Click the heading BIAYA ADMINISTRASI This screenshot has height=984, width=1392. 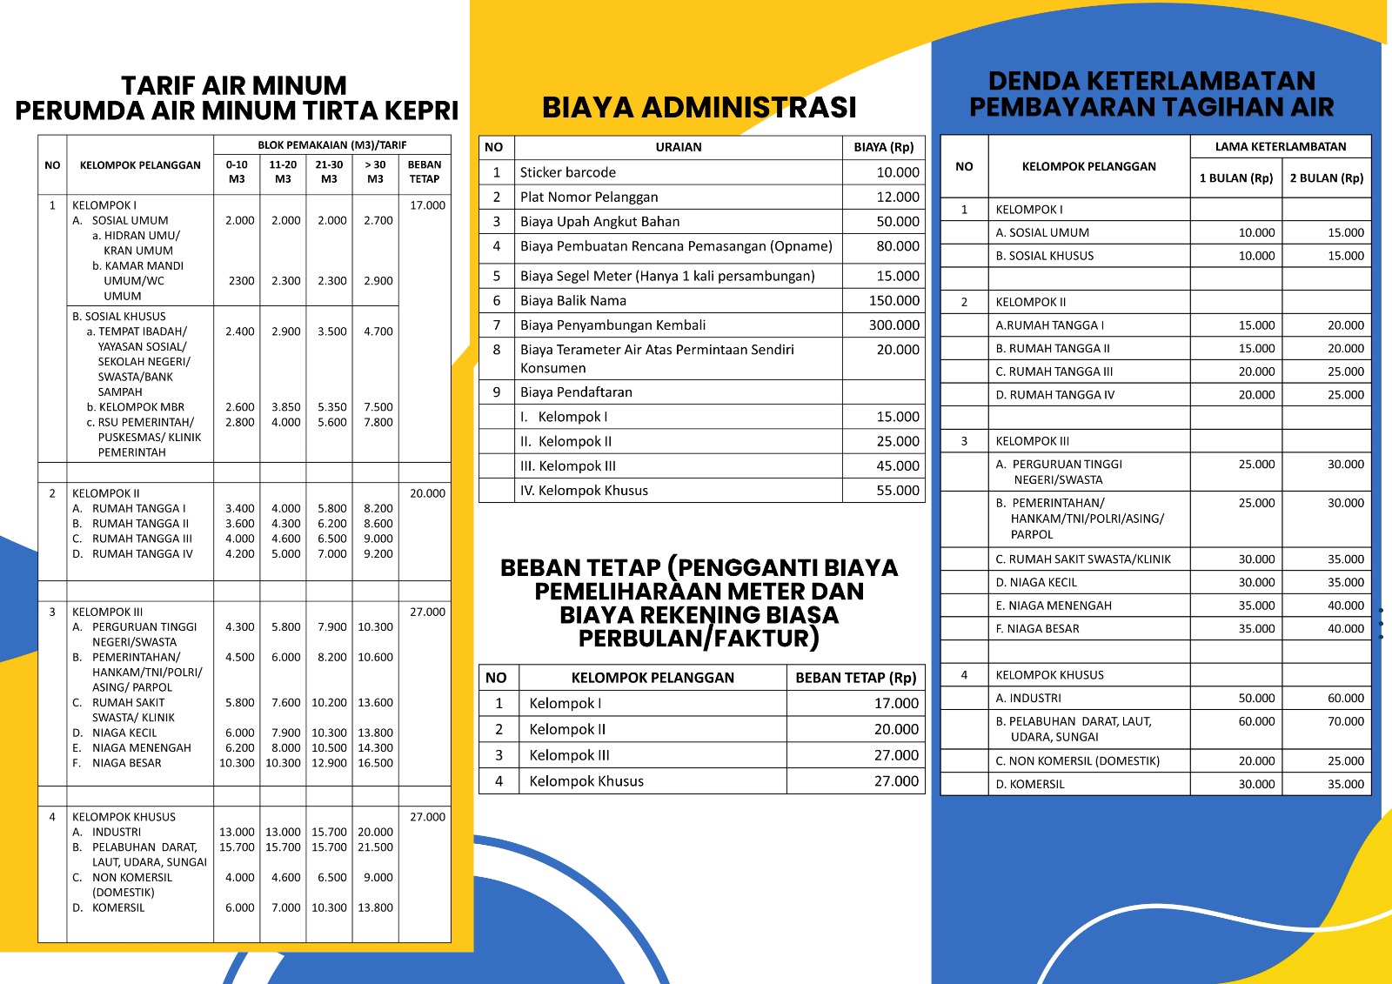coord(699,107)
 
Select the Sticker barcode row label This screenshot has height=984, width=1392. coord(567,172)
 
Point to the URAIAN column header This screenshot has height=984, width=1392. coord(678,147)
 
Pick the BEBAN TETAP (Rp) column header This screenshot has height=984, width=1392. coord(855,678)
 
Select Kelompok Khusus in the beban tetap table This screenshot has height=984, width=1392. coord(586,781)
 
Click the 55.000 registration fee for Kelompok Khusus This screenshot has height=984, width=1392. coord(897,491)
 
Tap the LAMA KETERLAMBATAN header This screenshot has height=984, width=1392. coord(1280,147)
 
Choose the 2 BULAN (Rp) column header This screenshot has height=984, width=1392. coord(1326,178)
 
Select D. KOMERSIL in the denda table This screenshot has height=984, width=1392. coord(1029,784)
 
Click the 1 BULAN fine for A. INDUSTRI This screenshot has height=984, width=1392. coord(1256,698)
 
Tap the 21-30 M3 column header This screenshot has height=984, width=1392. coord(329,171)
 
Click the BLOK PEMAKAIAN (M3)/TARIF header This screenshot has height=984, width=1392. coord(331,145)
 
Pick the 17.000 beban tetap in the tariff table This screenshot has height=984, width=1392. coord(427,205)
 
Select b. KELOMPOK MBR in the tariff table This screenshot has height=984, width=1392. coord(141,407)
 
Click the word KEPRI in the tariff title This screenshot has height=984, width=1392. coord(421,111)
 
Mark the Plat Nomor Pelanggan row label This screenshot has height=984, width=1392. coord(588,197)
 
